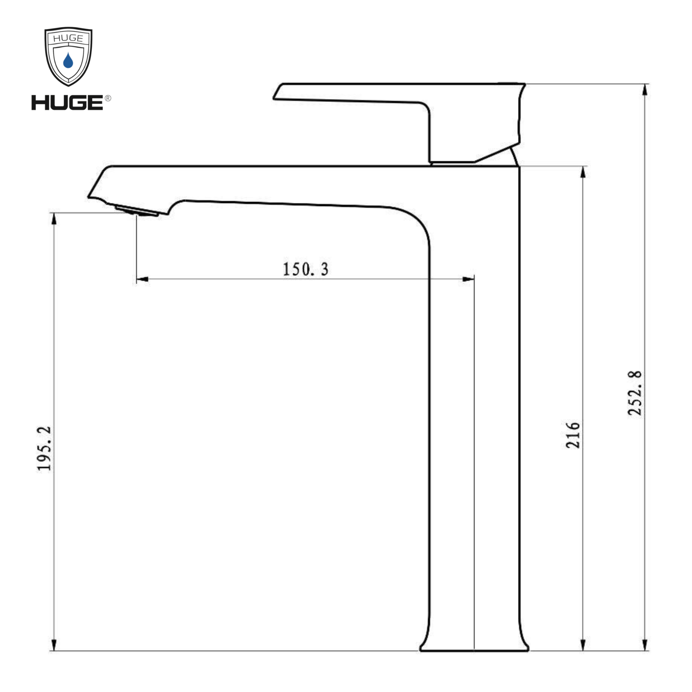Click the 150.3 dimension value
click(x=306, y=269)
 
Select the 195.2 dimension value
click(x=44, y=448)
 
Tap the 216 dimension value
click(x=573, y=435)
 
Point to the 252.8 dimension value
click(x=635, y=393)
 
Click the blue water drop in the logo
click(x=68, y=61)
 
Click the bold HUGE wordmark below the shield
click(x=67, y=103)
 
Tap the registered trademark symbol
click(x=108, y=98)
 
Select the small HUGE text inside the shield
click(x=68, y=38)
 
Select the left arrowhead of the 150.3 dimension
click(x=143, y=279)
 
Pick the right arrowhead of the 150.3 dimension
click(x=468, y=279)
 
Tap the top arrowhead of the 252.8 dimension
click(x=645, y=90)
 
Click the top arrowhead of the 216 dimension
click(x=583, y=172)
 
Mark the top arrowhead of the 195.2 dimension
click(x=54, y=219)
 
